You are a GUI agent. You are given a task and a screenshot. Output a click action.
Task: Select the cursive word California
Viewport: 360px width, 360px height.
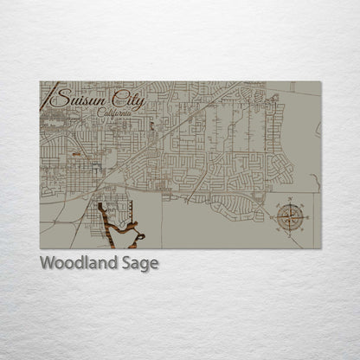pyautogui.click(x=114, y=113)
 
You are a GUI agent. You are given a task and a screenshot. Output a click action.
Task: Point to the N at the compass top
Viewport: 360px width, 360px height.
pyautogui.click(x=289, y=199)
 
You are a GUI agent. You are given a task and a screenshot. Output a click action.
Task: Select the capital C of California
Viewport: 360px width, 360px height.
pyautogui.click(x=100, y=113)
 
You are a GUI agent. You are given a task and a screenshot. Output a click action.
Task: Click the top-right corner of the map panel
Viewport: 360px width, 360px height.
pyautogui.click(x=320, y=82)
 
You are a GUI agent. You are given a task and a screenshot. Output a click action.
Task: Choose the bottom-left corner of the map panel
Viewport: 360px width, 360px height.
pyautogui.click(x=40, y=248)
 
